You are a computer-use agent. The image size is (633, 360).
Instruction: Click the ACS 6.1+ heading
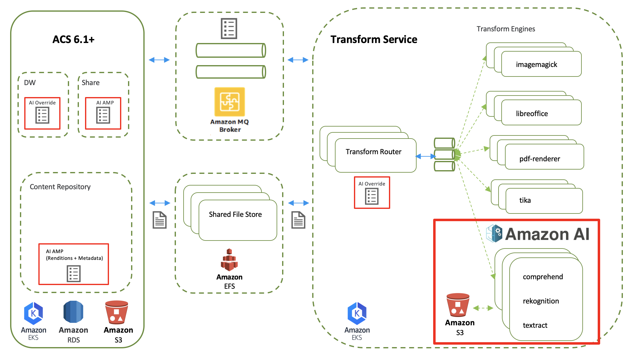(x=73, y=39)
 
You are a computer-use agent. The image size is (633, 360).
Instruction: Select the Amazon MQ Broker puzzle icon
(x=230, y=102)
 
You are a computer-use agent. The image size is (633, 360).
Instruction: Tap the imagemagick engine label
(x=536, y=65)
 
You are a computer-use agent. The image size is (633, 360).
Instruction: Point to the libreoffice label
(x=532, y=114)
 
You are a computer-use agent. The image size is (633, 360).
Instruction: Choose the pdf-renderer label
(x=539, y=159)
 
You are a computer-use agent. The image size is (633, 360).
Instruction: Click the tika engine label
(x=525, y=200)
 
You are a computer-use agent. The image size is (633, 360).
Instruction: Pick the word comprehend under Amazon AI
(x=543, y=277)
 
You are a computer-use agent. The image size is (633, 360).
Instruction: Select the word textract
(x=535, y=325)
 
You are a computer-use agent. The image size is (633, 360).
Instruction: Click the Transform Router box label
(x=373, y=152)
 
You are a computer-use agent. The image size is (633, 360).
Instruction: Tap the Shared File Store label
(x=235, y=214)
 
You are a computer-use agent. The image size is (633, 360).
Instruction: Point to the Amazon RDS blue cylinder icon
(x=73, y=312)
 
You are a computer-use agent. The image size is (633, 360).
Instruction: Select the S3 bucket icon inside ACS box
(x=117, y=312)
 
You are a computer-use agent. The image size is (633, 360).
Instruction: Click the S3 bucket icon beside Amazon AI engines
(x=458, y=305)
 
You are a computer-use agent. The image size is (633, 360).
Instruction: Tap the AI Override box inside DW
(x=42, y=113)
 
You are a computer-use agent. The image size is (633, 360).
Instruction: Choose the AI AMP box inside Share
(x=103, y=113)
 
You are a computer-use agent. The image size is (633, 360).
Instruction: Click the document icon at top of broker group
(x=229, y=29)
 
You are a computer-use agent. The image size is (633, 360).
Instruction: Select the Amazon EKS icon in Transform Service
(x=357, y=313)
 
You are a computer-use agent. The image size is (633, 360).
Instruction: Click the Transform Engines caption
(x=506, y=29)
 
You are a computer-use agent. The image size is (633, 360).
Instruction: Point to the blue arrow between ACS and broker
(x=159, y=60)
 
